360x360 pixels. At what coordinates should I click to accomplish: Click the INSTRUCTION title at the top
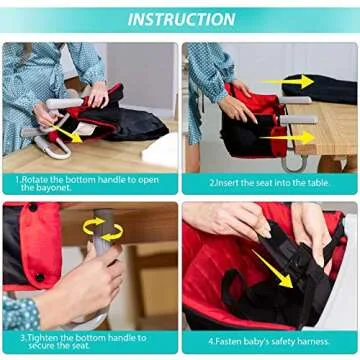tap(180, 19)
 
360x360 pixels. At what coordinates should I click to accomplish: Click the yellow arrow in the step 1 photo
tap(67, 130)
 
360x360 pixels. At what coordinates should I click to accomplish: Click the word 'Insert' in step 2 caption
tap(233, 184)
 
